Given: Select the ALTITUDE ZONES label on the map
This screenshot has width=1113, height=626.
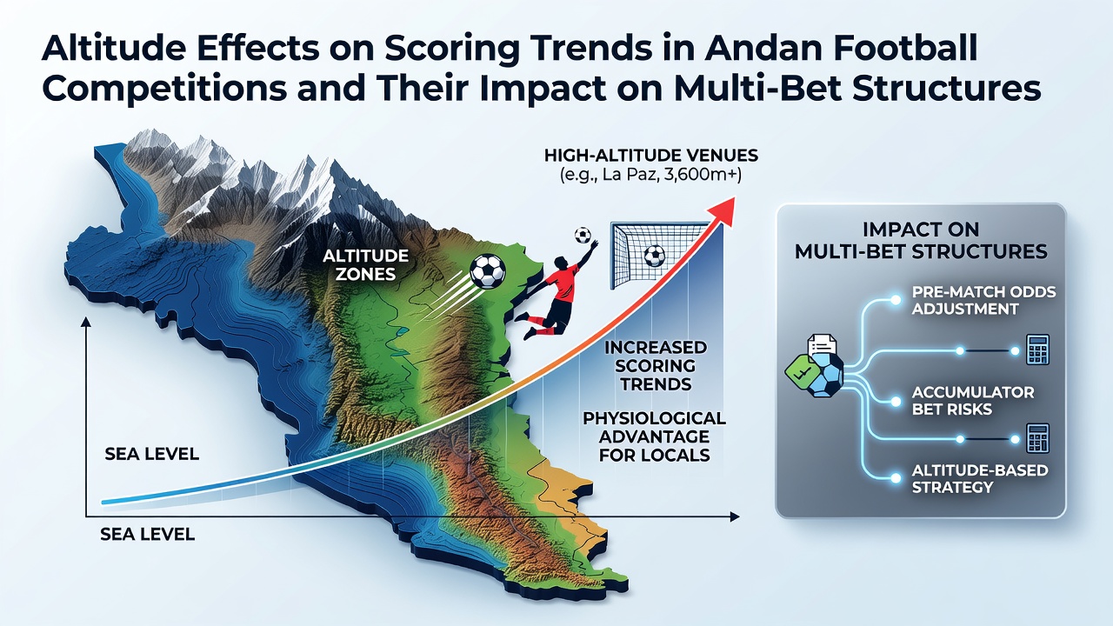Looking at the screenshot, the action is [366, 265].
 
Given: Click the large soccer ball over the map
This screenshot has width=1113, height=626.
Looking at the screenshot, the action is [488, 271].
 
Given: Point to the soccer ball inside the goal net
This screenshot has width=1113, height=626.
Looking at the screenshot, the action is [655, 256].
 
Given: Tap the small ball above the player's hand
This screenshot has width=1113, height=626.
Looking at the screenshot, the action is [583, 235].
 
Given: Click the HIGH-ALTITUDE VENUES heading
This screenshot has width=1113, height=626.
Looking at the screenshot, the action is [651, 156].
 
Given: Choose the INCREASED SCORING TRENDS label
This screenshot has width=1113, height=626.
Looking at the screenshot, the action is [656, 366].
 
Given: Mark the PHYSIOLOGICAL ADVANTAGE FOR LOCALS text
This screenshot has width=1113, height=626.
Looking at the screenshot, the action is [655, 436].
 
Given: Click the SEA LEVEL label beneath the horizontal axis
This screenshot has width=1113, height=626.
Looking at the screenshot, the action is [147, 534].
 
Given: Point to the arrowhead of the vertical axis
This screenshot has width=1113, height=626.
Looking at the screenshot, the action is [86, 322].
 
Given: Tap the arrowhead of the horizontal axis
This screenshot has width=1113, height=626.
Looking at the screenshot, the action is [735, 517].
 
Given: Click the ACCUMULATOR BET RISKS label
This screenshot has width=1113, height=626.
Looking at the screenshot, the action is [973, 401].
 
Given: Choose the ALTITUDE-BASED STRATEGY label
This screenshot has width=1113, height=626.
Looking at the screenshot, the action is [980, 478].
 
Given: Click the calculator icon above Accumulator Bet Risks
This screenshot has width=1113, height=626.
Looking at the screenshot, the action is [1038, 350].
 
